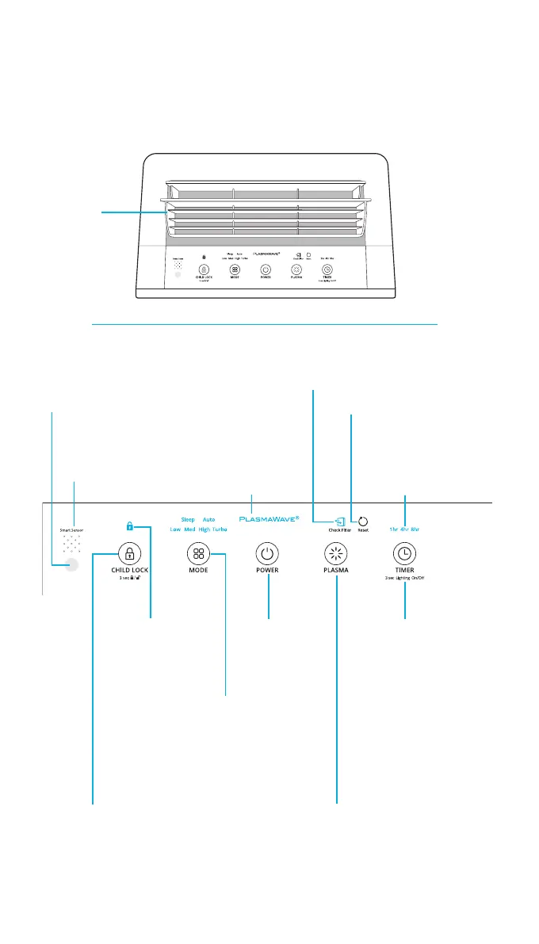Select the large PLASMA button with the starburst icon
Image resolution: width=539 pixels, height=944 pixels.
tap(337, 553)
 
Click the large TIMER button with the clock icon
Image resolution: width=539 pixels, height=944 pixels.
tap(405, 553)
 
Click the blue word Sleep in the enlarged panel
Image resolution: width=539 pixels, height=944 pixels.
tap(188, 519)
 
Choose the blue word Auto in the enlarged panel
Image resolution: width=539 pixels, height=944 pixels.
tap(208, 519)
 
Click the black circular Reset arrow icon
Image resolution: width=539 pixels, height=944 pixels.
tap(363, 522)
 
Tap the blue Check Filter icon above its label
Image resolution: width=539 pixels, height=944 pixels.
tap(340, 522)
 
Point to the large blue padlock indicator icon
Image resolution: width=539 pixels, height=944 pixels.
tap(129, 525)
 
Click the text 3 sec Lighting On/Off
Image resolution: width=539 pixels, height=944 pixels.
tap(405, 579)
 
